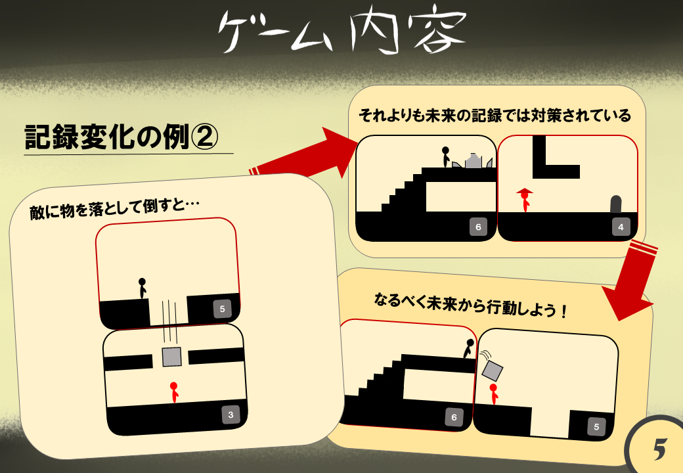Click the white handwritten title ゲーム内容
pos(342,30)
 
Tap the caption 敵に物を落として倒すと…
pos(114,208)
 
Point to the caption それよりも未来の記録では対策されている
pos(495,116)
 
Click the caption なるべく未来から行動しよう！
pos(470,305)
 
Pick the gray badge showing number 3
pos(231,415)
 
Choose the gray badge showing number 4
pos(621,227)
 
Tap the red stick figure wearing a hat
pos(525,200)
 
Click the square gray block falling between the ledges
pos(171,357)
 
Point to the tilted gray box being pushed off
pos(492,371)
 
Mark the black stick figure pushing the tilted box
pos(469,348)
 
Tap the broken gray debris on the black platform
pos(473,161)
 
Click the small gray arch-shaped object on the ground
pos(616,204)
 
